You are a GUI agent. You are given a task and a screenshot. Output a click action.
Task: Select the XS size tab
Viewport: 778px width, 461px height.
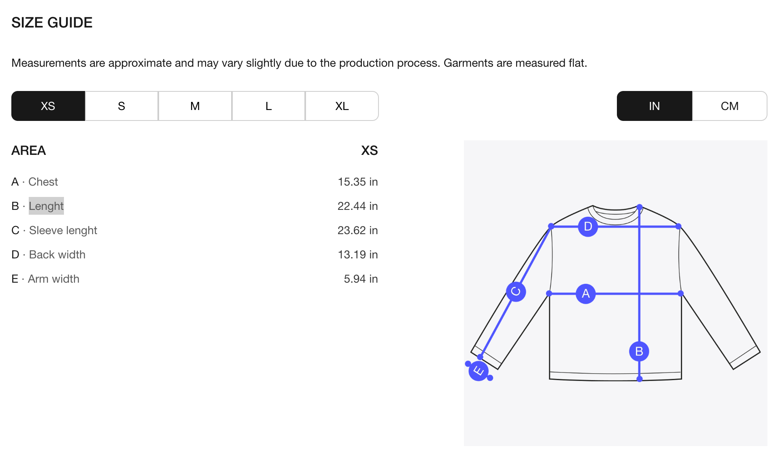click(48, 106)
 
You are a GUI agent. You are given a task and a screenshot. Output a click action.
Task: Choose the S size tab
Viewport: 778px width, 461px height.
click(121, 106)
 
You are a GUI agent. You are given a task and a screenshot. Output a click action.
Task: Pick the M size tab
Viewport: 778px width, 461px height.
click(195, 106)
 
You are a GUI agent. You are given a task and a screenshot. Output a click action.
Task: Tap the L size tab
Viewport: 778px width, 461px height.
click(268, 106)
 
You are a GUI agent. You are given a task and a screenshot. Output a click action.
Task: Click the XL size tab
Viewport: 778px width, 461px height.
click(342, 106)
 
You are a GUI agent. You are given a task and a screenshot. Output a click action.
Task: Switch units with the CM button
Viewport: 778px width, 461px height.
click(729, 106)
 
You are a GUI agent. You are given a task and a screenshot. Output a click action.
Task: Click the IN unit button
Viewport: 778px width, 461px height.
click(655, 106)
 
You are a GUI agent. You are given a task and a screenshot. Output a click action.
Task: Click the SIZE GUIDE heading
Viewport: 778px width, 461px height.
click(52, 23)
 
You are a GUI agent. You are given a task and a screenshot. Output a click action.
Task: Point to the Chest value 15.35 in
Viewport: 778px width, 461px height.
click(358, 182)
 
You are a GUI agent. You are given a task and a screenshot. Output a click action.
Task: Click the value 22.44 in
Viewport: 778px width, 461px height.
click(358, 206)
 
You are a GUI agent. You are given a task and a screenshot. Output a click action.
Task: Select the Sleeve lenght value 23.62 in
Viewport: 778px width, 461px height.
click(358, 230)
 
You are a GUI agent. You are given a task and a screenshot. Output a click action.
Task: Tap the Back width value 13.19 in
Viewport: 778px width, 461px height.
click(358, 255)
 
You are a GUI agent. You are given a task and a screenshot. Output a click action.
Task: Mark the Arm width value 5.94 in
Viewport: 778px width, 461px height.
click(361, 279)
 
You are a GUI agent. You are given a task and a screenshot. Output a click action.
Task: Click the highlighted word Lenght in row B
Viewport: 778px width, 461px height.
click(46, 206)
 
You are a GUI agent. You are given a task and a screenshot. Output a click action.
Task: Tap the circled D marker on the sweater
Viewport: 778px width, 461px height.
click(588, 226)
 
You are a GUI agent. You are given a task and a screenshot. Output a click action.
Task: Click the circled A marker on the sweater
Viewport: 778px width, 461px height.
click(586, 294)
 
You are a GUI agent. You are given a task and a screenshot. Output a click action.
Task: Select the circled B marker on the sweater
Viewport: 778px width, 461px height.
click(639, 351)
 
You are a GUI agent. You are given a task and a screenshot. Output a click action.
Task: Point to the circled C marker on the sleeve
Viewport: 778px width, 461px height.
click(516, 292)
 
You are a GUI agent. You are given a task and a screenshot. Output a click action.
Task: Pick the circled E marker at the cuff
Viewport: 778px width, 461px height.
click(478, 371)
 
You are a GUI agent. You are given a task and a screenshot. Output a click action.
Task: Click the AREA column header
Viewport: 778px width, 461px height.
click(29, 150)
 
